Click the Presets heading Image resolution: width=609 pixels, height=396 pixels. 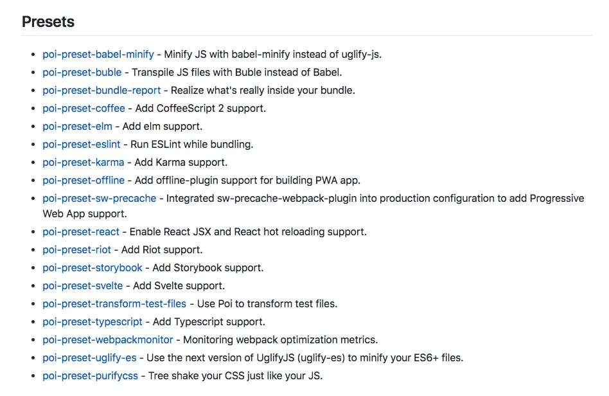click(48, 22)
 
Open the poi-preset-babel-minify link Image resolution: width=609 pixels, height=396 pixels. click(98, 54)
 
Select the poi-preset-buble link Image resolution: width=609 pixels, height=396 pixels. click(82, 72)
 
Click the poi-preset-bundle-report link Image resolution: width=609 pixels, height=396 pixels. click(101, 90)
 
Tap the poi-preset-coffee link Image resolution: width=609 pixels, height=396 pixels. click(84, 108)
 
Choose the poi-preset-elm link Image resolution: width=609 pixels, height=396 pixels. click(77, 126)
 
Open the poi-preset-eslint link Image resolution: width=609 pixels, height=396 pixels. click(82, 144)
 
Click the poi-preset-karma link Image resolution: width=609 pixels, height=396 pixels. click(84, 162)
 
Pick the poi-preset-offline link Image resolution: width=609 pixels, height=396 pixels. click(84, 180)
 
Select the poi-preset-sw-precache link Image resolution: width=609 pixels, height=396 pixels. click(100, 198)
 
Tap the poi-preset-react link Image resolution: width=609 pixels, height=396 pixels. click(81, 231)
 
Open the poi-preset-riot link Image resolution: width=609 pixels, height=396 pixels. click(77, 249)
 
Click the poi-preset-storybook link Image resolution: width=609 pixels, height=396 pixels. click(93, 267)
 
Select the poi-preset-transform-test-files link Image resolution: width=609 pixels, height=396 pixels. click(114, 303)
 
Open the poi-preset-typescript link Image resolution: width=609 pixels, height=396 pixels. click(94, 321)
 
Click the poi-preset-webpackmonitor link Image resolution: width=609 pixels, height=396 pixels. click(108, 339)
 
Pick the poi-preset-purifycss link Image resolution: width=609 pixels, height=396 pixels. click(91, 375)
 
